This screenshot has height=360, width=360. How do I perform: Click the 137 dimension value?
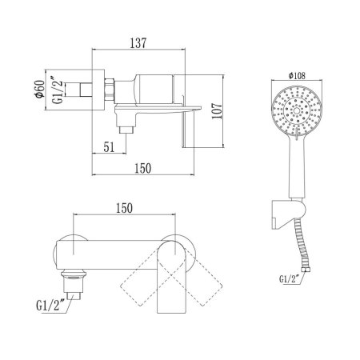point(138,43)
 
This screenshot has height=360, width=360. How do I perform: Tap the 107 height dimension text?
point(217,111)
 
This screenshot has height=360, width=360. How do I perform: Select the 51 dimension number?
point(109,147)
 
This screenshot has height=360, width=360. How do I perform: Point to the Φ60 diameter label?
point(40,89)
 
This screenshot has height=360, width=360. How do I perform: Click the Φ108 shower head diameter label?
point(297,76)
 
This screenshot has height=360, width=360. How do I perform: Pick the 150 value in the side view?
point(142,168)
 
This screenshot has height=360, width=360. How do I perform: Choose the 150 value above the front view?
point(124,208)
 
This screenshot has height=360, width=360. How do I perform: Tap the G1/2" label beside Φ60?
point(58,90)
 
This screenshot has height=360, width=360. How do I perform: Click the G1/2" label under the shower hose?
point(289,278)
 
